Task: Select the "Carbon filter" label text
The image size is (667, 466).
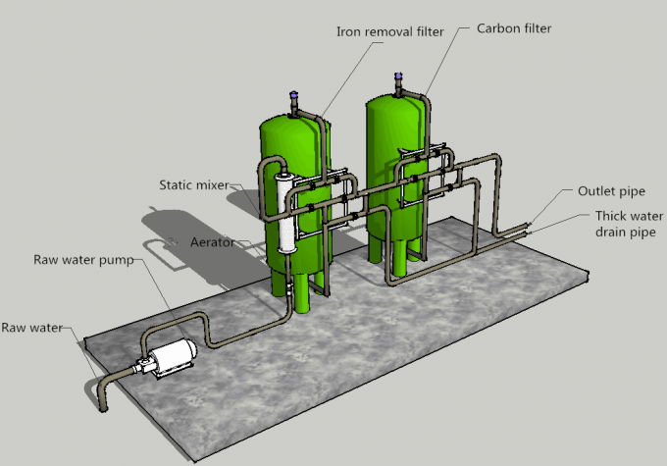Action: coord(514,28)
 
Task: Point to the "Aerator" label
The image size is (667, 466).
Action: coord(213,241)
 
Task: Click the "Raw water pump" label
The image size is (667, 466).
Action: coord(83,260)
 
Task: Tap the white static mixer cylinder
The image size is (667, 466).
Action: coord(286,216)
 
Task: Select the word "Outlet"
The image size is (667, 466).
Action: coord(595,191)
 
